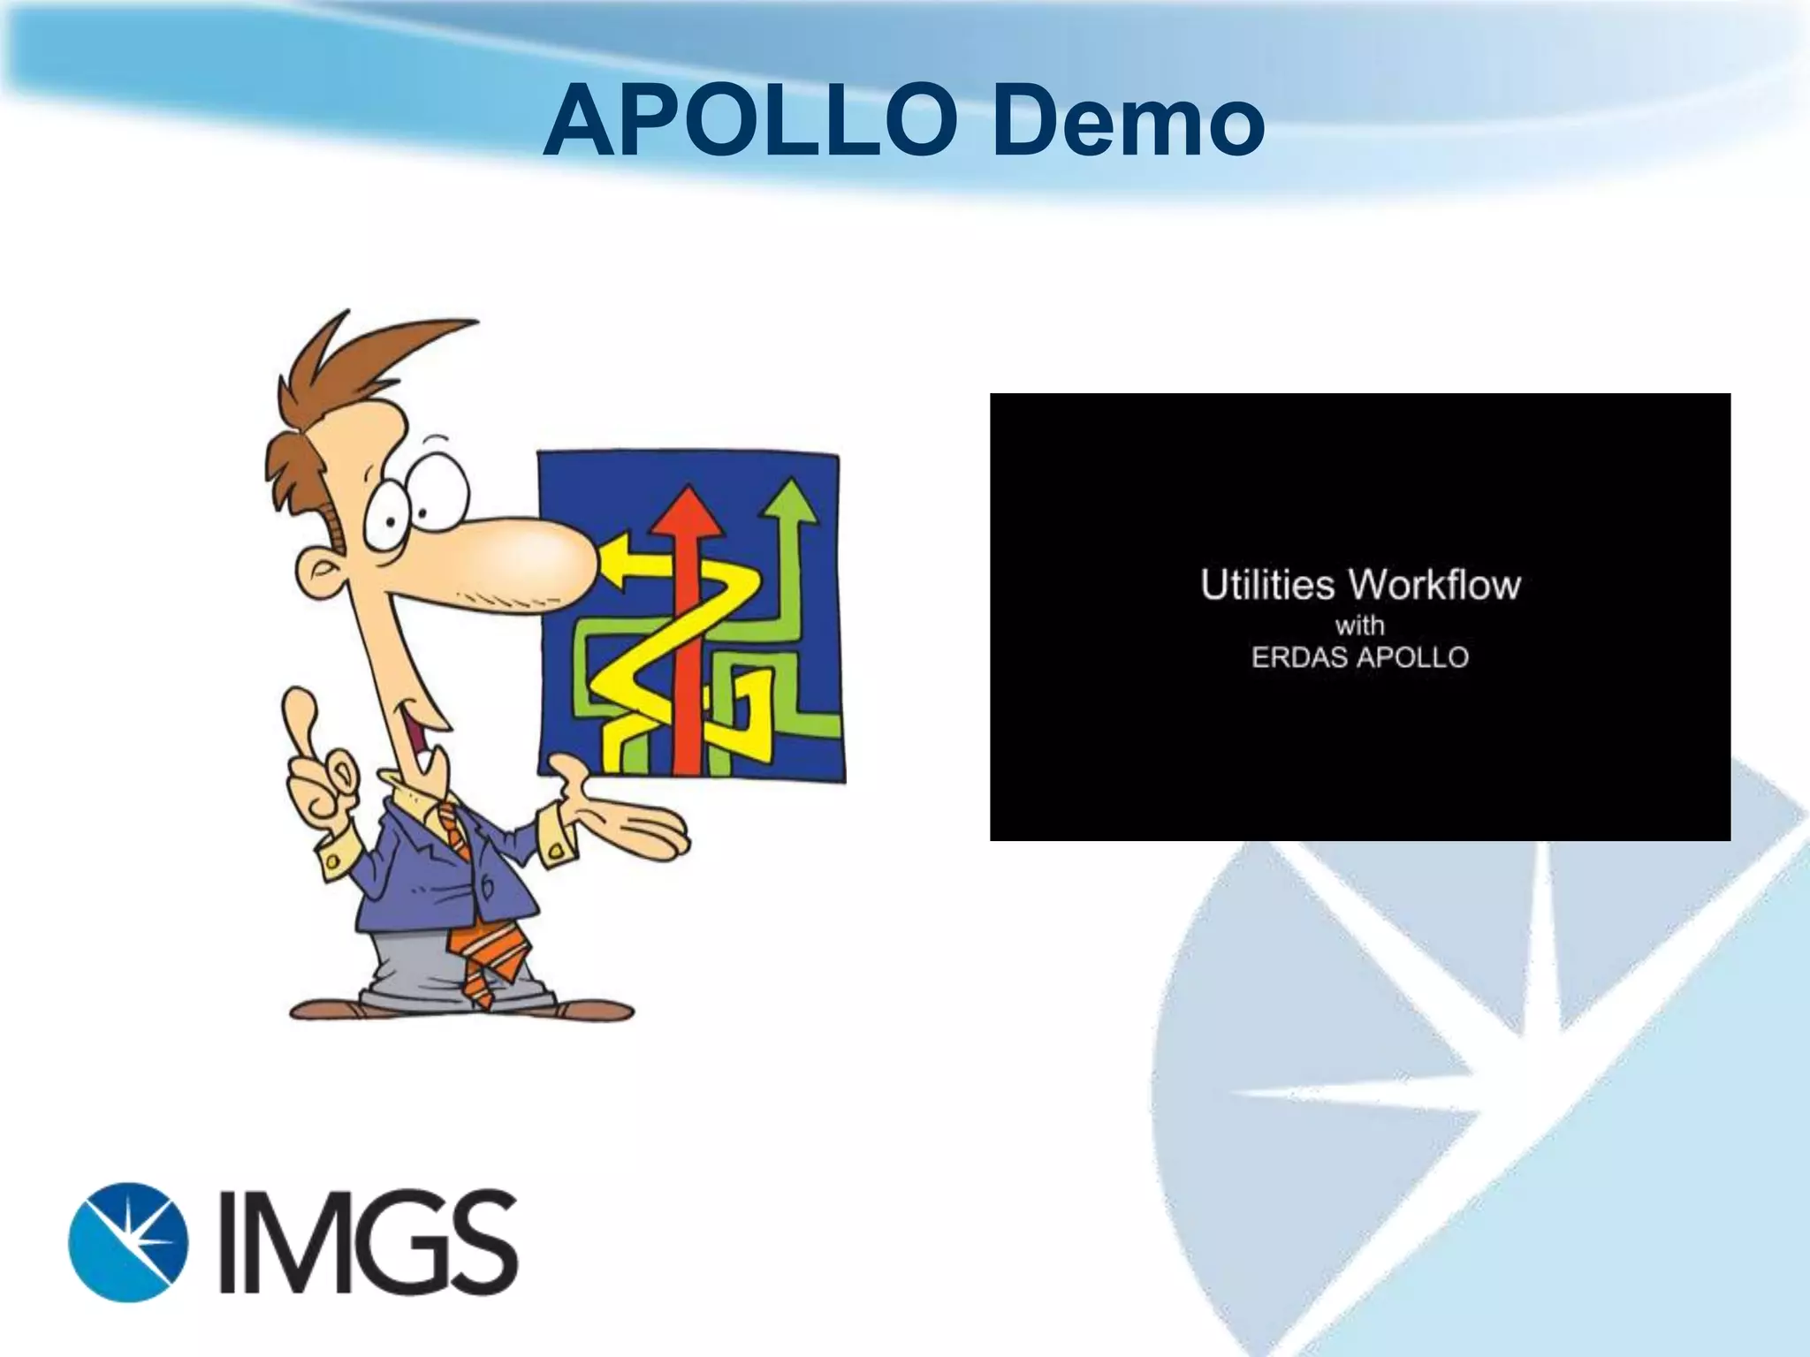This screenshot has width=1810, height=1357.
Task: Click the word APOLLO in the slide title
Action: tap(751, 125)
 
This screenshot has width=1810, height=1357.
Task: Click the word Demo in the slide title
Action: tap(1127, 125)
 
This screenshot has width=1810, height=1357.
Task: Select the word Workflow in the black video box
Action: tap(1434, 586)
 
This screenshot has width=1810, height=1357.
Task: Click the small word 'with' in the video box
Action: tap(1359, 625)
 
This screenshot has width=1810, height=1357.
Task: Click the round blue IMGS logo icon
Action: tap(128, 1241)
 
